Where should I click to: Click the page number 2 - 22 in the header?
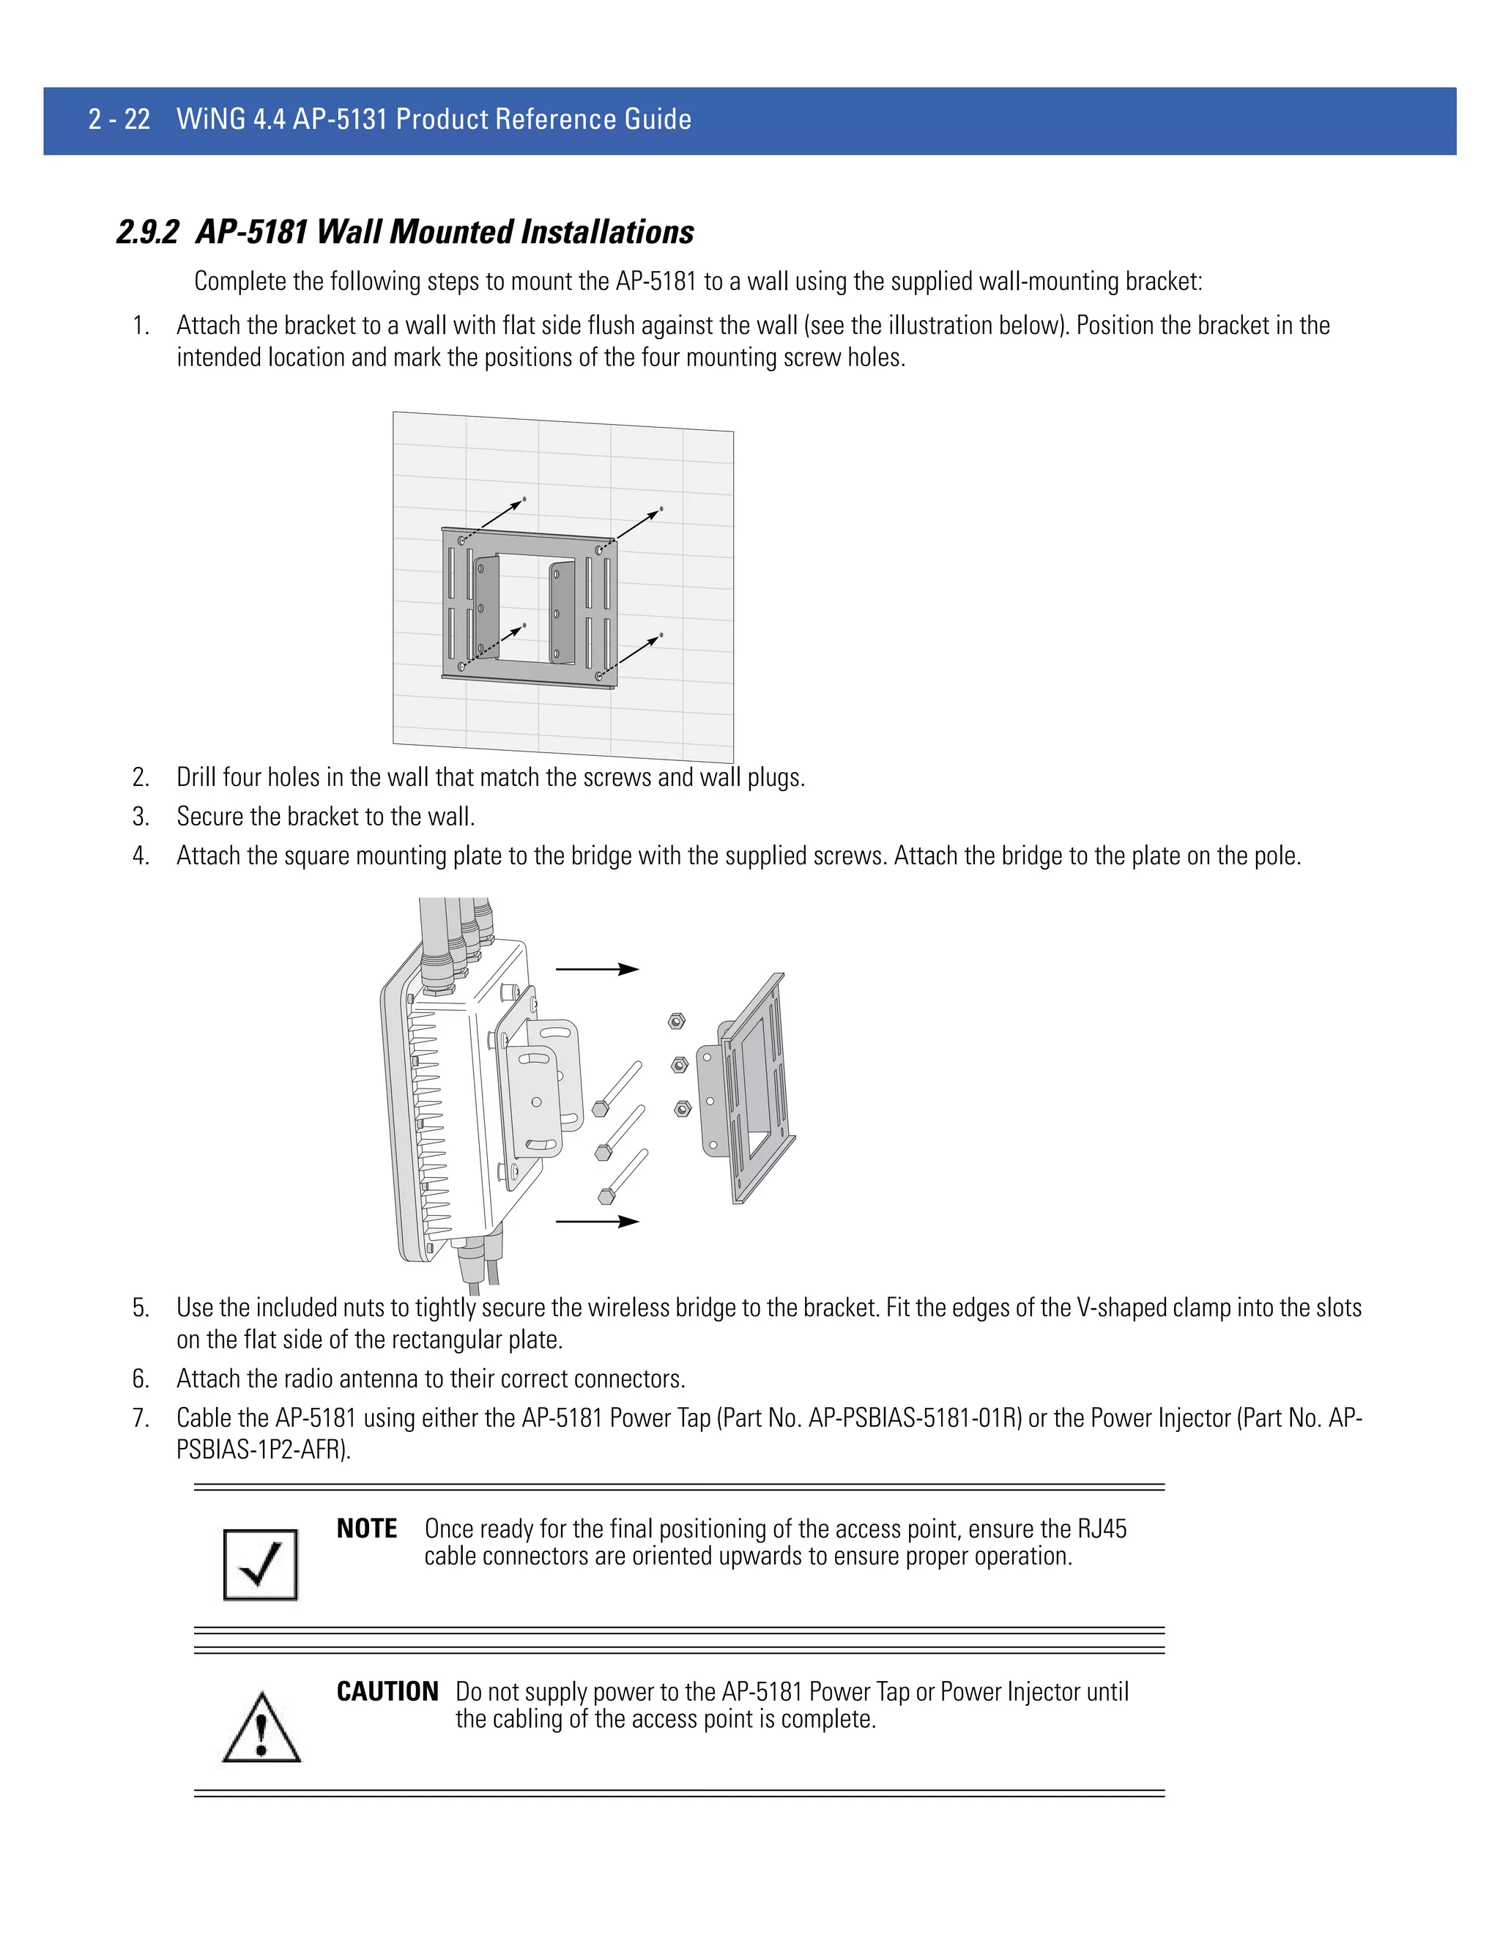point(119,119)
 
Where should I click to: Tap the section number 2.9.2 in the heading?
point(147,233)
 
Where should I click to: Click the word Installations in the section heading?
point(607,233)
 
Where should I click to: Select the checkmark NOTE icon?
point(260,1565)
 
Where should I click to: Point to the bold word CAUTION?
point(387,1691)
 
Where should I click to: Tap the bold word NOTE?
point(366,1529)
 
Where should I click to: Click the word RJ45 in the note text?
point(1102,1529)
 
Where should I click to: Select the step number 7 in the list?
point(141,1417)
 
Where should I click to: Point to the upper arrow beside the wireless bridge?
point(597,969)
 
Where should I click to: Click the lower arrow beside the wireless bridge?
point(597,1222)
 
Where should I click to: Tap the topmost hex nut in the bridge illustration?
point(676,1021)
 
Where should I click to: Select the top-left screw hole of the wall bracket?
point(461,541)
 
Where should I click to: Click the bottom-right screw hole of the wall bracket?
point(600,676)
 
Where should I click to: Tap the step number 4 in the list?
point(141,856)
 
